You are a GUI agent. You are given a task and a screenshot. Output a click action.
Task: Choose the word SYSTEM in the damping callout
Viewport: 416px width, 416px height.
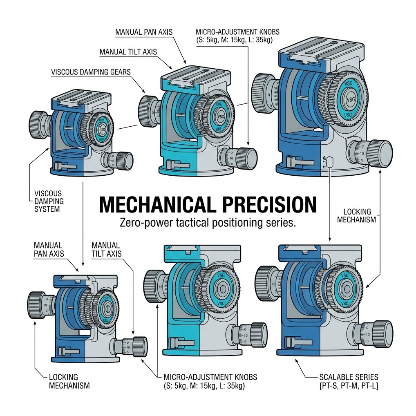click(x=47, y=209)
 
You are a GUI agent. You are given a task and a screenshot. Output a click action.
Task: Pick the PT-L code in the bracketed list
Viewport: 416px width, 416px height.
click(x=369, y=385)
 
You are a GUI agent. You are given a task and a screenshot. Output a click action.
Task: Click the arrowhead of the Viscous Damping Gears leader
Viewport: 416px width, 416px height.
click(x=143, y=91)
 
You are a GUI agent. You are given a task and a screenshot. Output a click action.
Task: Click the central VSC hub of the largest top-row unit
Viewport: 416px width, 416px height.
click(x=350, y=99)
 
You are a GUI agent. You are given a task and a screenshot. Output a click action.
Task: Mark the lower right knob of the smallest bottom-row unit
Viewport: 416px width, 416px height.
click(x=139, y=346)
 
